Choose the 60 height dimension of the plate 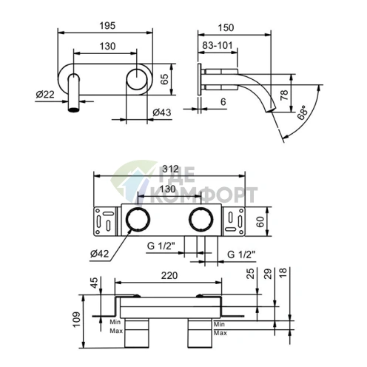pyautogui.click(x=260, y=220)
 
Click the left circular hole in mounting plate pyautogui.click(x=137, y=220)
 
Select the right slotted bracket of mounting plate pyautogui.click(x=236, y=220)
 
